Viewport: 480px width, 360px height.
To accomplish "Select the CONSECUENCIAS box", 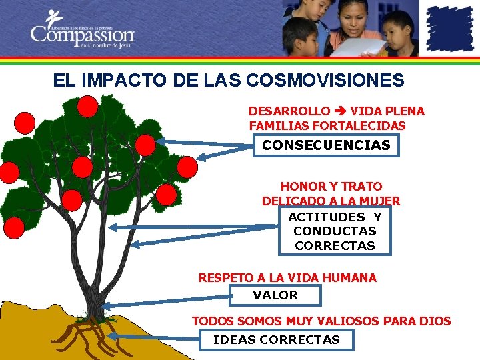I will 326,145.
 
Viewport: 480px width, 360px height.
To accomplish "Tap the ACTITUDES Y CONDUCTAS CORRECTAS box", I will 335,231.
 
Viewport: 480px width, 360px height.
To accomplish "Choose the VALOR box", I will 275,295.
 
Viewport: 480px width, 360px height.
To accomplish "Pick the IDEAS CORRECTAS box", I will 276,340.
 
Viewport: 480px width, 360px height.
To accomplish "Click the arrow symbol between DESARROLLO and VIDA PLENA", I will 340,111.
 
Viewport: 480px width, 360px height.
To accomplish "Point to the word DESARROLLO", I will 289,111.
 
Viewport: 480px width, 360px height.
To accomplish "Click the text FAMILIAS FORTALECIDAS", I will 327,125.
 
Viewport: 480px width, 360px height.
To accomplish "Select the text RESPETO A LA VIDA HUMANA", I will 287,277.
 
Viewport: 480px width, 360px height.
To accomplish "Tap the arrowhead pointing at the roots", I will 113,337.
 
